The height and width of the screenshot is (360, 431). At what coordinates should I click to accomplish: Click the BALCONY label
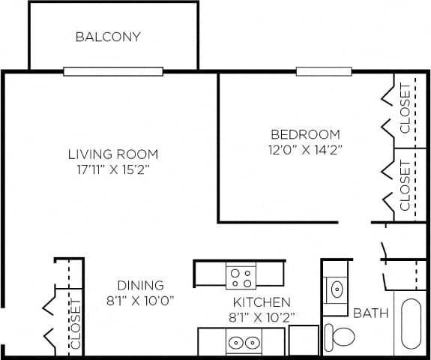coord(108,37)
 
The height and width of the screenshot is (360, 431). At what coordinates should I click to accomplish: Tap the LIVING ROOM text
coord(113,154)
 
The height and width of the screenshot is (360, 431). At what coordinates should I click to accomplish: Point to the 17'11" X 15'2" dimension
coord(113,169)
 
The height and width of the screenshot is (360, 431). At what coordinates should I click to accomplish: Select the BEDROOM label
coord(305,134)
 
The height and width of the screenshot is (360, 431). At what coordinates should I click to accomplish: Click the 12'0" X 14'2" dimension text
coord(305,148)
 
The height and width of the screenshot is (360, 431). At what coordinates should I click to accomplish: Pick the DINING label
coord(140,285)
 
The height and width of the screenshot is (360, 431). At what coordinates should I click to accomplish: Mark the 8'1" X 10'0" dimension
coord(140,300)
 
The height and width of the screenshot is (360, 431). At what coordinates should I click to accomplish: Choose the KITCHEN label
coord(260,302)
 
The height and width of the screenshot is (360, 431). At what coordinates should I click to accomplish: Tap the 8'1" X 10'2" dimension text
coord(260,316)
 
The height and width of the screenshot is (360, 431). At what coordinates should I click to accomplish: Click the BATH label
coord(371,313)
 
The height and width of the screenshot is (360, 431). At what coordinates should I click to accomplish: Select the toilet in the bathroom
coord(342,336)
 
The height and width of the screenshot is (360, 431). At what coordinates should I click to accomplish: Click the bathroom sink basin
coord(337,286)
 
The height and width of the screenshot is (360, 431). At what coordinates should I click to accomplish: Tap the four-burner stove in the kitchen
coord(241,277)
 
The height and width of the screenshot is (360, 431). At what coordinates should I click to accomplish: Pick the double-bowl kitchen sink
coord(241,343)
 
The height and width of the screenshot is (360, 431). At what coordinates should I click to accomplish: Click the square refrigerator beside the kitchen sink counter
coord(303,340)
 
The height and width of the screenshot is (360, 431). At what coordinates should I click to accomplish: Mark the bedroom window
coord(323,72)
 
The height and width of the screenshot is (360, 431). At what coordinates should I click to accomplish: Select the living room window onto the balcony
coord(113,72)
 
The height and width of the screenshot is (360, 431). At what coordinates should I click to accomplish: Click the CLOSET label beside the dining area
coord(75,324)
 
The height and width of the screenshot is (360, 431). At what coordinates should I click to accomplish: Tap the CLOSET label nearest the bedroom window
coord(406,108)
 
